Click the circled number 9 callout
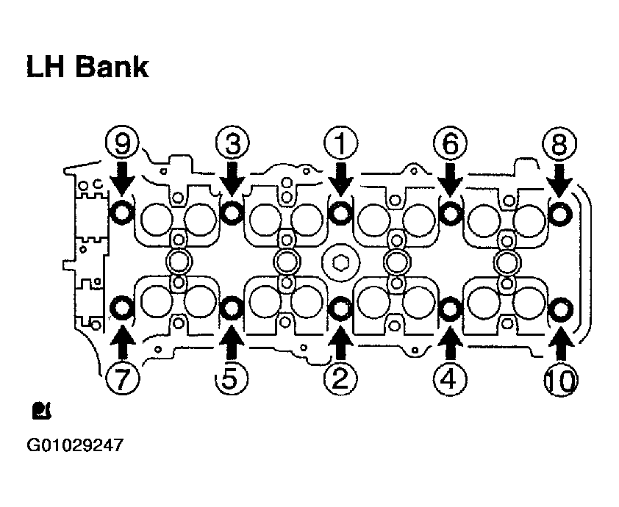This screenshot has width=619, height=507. click(x=122, y=143)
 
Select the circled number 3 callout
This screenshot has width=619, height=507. click(x=232, y=143)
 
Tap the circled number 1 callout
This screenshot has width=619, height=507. click(x=341, y=143)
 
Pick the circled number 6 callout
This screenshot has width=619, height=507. click(x=450, y=143)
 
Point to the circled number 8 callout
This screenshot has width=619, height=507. click(x=559, y=143)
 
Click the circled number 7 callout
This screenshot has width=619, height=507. click(x=122, y=378)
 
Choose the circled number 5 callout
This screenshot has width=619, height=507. click(x=232, y=378)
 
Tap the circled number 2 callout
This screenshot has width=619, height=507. click(x=341, y=378)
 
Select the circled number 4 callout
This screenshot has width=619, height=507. click(x=450, y=378)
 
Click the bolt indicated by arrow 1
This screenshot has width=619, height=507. click(x=340, y=212)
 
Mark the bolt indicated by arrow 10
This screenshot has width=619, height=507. click(x=561, y=309)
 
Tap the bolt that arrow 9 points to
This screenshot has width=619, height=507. click(x=121, y=212)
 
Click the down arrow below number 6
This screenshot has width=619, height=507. click(x=450, y=179)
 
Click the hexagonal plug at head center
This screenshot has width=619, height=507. click(x=340, y=262)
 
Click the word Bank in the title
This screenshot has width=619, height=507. click(x=112, y=67)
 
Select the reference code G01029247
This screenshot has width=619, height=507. click(x=75, y=445)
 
